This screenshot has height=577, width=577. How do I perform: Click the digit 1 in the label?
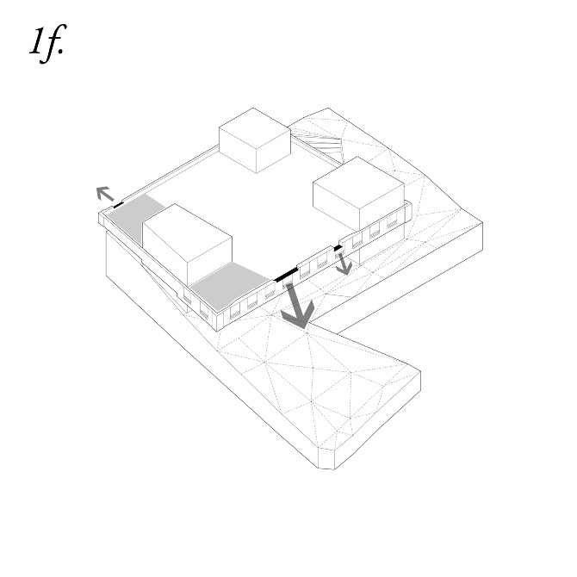(x=37, y=41)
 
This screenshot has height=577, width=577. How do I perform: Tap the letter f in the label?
(x=53, y=43)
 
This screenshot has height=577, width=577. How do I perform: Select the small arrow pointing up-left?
(x=105, y=193)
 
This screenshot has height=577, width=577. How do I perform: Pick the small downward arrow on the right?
(x=344, y=264)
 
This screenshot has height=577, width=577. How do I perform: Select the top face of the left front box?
(x=187, y=233)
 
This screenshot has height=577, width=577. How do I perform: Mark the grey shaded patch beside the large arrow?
(x=228, y=285)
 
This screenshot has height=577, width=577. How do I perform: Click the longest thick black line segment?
(x=286, y=275)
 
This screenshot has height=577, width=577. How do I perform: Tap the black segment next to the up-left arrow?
(x=119, y=205)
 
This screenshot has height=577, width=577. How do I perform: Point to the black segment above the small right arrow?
(x=338, y=248)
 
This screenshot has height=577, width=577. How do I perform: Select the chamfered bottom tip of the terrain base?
(x=326, y=459)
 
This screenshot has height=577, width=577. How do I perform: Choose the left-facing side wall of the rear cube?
(x=238, y=150)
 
